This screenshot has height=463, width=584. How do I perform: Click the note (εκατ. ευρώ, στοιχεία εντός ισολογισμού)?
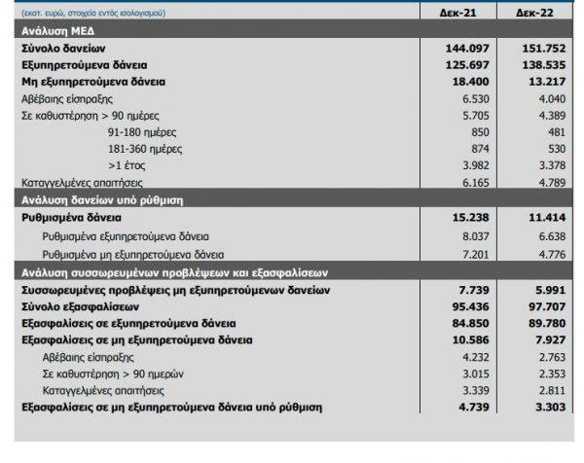click(93, 13)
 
